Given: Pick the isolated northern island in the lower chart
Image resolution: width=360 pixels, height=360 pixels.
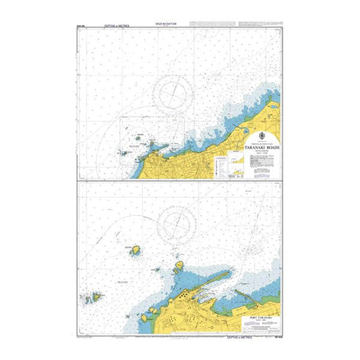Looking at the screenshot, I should click(135, 250).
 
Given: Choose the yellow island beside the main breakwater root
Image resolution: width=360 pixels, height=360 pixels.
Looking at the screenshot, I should click(178, 267).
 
